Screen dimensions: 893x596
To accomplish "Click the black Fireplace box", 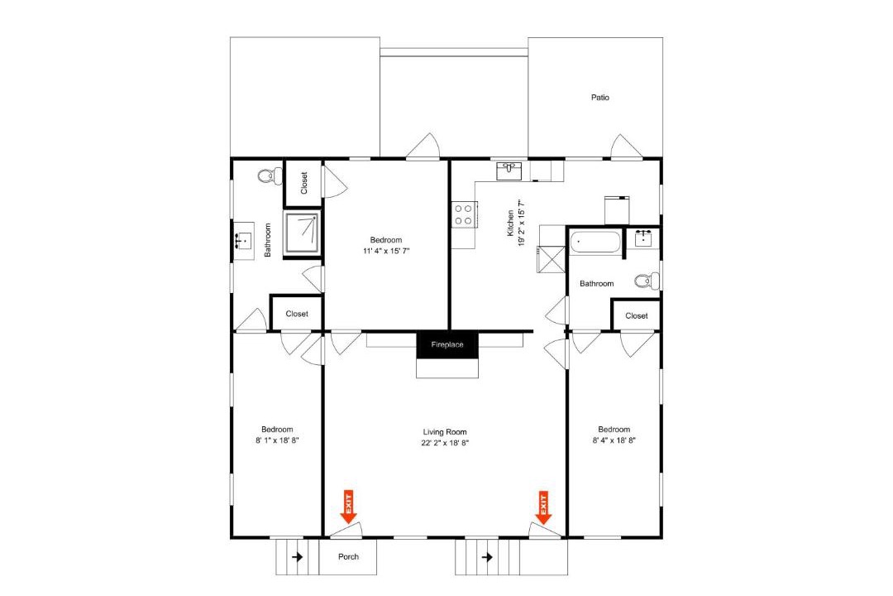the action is click(447, 345).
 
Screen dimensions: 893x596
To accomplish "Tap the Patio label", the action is click(599, 98).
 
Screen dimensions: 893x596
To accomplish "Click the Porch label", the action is click(348, 556).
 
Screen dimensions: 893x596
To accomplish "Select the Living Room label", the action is click(445, 432).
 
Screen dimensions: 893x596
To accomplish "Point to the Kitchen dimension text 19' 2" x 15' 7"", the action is click(521, 223).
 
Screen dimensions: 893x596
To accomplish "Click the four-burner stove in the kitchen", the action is click(464, 214).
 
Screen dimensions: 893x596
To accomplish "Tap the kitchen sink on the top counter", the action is click(509, 171).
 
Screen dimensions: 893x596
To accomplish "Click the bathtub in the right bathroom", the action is click(595, 242).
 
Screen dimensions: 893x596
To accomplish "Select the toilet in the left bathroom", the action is click(270, 176).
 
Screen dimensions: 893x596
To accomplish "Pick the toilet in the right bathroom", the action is click(647, 281).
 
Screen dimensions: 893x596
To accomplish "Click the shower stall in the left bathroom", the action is click(303, 233).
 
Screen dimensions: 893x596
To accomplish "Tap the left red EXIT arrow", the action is click(348, 507).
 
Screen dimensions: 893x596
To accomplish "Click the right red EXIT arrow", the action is click(543, 507).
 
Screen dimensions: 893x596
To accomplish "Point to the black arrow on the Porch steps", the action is click(297, 556).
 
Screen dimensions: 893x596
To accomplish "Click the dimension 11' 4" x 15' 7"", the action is click(386, 251).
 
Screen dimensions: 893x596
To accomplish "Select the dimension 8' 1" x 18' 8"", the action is click(277, 440).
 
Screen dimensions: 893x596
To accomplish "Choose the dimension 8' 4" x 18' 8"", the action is click(614, 440).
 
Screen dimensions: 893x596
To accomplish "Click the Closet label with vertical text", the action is click(303, 183).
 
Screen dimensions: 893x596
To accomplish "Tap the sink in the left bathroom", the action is click(243, 241).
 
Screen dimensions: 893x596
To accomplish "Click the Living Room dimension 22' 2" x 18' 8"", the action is click(445, 443).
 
